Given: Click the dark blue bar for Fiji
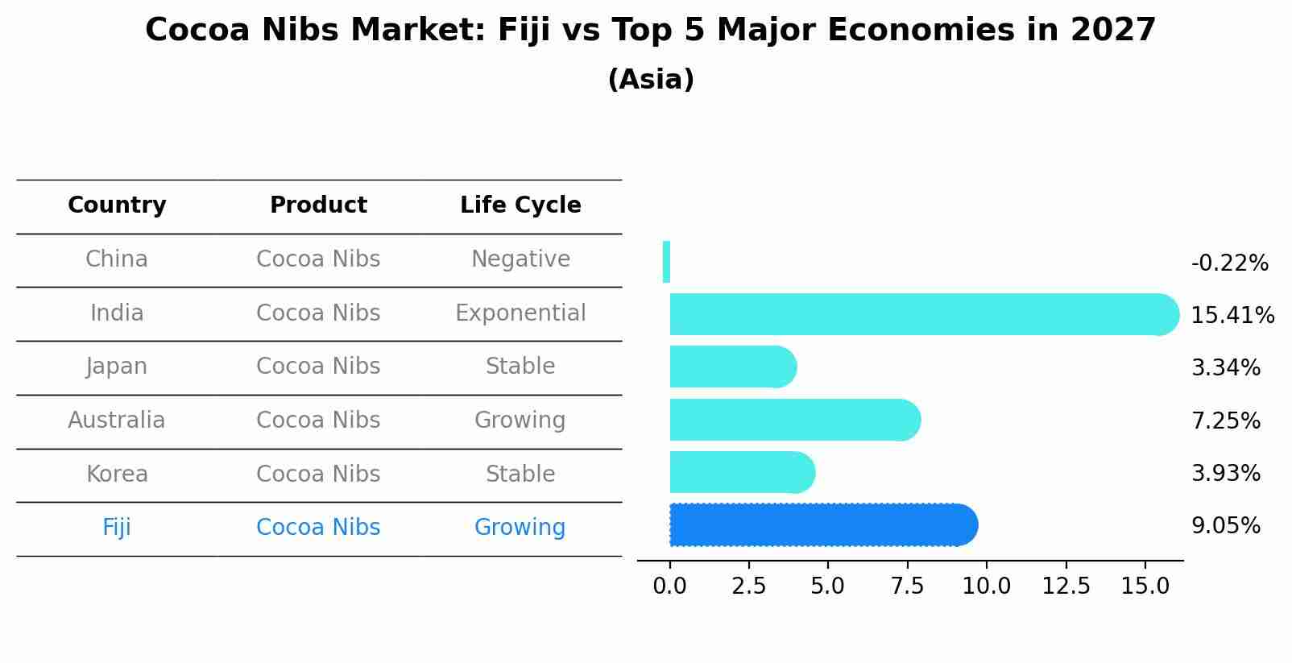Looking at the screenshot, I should point(822,525).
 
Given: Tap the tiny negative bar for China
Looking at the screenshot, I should point(666,262).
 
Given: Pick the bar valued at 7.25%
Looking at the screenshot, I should point(793,420).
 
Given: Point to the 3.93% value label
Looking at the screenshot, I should point(1225,473).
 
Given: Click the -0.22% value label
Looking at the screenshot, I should point(1229,263).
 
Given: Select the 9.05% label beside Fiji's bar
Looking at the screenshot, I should point(1225,525).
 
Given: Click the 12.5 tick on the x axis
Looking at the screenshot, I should point(1066,586).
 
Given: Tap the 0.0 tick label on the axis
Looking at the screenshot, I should point(669,586).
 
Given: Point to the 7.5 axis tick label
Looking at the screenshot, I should point(907,586).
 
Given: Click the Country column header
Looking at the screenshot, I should point(117,205).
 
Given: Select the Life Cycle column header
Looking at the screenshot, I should point(520,205).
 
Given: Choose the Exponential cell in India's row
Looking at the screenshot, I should point(520,313).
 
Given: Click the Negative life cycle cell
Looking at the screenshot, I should point(520,259).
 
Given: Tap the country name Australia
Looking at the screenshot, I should point(117,420).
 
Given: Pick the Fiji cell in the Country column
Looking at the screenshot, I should point(117,527).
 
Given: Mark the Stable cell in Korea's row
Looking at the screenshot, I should point(520,474).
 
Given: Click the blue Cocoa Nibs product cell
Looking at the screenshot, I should point(318,527).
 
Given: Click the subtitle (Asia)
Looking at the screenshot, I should point(651,80).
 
